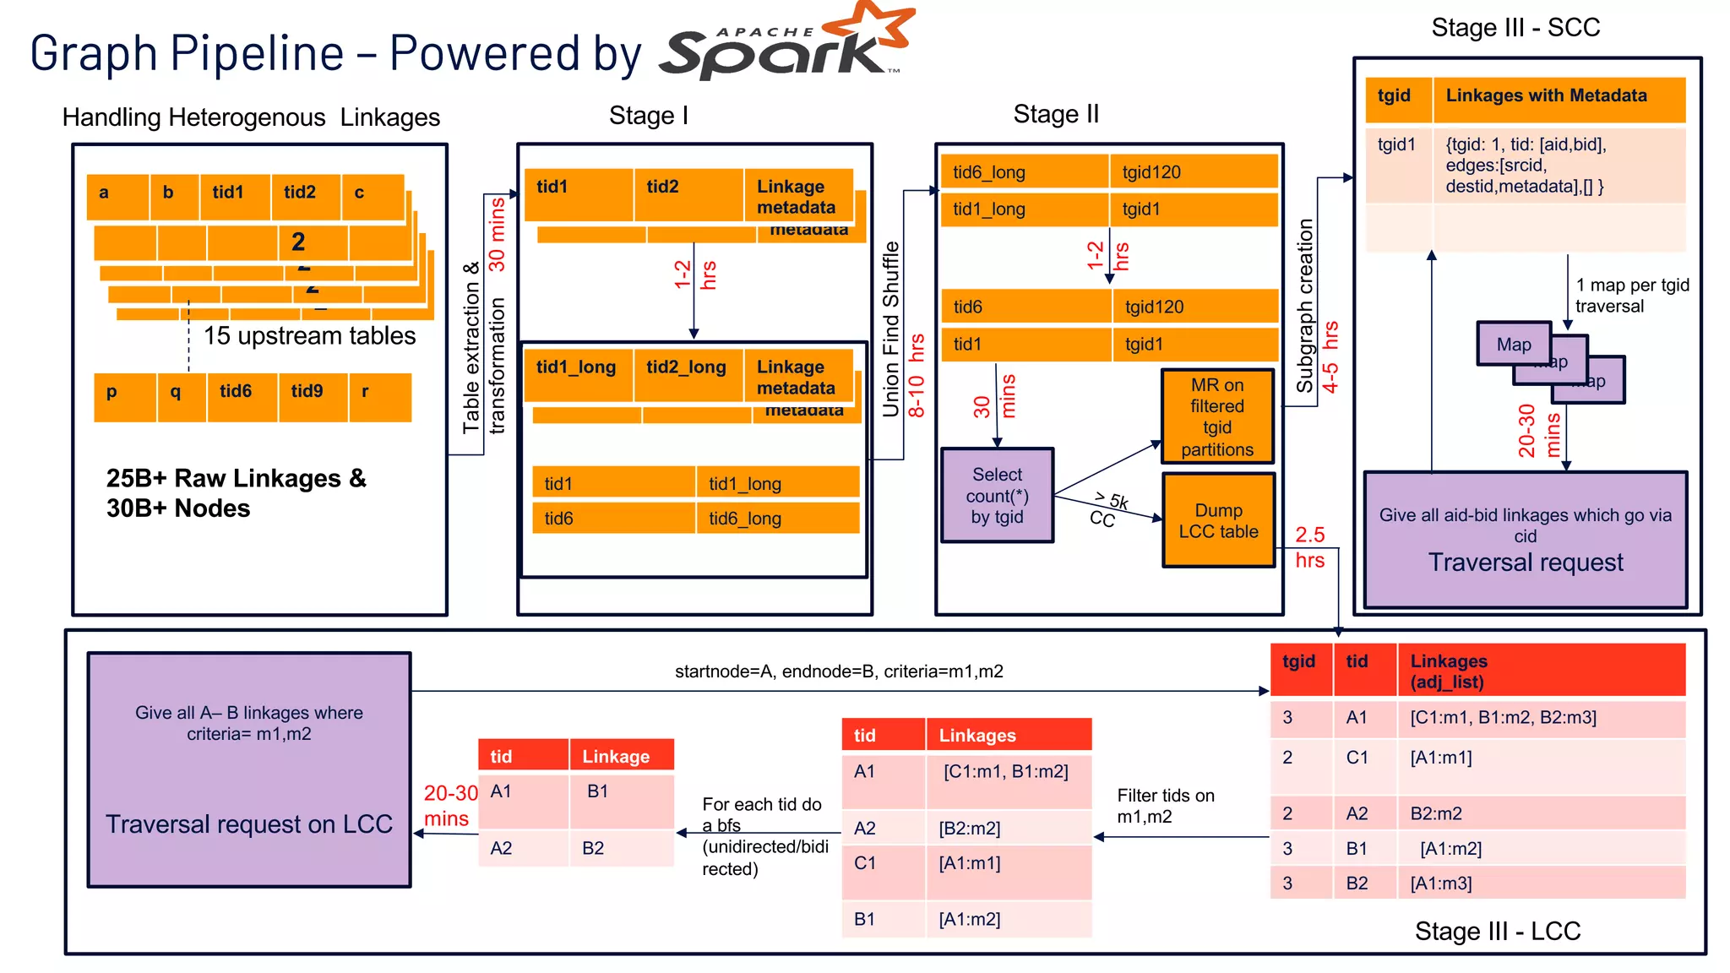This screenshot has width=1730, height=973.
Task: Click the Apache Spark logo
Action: pos(786,46)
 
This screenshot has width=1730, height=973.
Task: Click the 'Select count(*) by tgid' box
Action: pos(997,496)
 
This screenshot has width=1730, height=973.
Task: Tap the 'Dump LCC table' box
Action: pos(1218,520)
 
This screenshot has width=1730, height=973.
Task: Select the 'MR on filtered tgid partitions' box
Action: pos(1217,416)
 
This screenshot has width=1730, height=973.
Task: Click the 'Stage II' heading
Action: pos(1056,114)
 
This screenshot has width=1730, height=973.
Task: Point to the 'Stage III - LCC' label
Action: pos(1497,931)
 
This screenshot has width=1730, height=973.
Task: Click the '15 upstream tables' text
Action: pos(309,336)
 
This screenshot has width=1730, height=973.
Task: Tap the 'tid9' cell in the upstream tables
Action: pos(307,391)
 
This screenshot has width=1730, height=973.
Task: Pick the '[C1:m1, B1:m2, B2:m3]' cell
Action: pos(1503,717)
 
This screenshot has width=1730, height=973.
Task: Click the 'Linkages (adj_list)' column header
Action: pos(1449,671)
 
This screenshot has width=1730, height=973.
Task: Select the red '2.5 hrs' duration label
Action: pos(1310,547)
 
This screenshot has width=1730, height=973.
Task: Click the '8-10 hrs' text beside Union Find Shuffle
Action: pos(917,376)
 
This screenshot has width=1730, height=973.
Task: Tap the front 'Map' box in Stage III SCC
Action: pos(1513,345)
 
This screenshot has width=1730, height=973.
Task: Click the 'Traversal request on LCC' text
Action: pos(249,824)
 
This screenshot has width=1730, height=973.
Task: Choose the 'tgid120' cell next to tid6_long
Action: pos(1151,172)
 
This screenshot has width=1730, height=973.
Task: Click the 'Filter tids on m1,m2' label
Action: pos(1165,806)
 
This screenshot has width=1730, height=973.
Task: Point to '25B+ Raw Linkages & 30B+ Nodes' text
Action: pos(237,493)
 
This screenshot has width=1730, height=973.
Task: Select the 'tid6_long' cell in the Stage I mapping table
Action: pos(744,519)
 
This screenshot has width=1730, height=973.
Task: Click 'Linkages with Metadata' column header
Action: pos(1546,95)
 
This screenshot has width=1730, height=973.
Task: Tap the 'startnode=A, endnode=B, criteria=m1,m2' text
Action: pos(839,671)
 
